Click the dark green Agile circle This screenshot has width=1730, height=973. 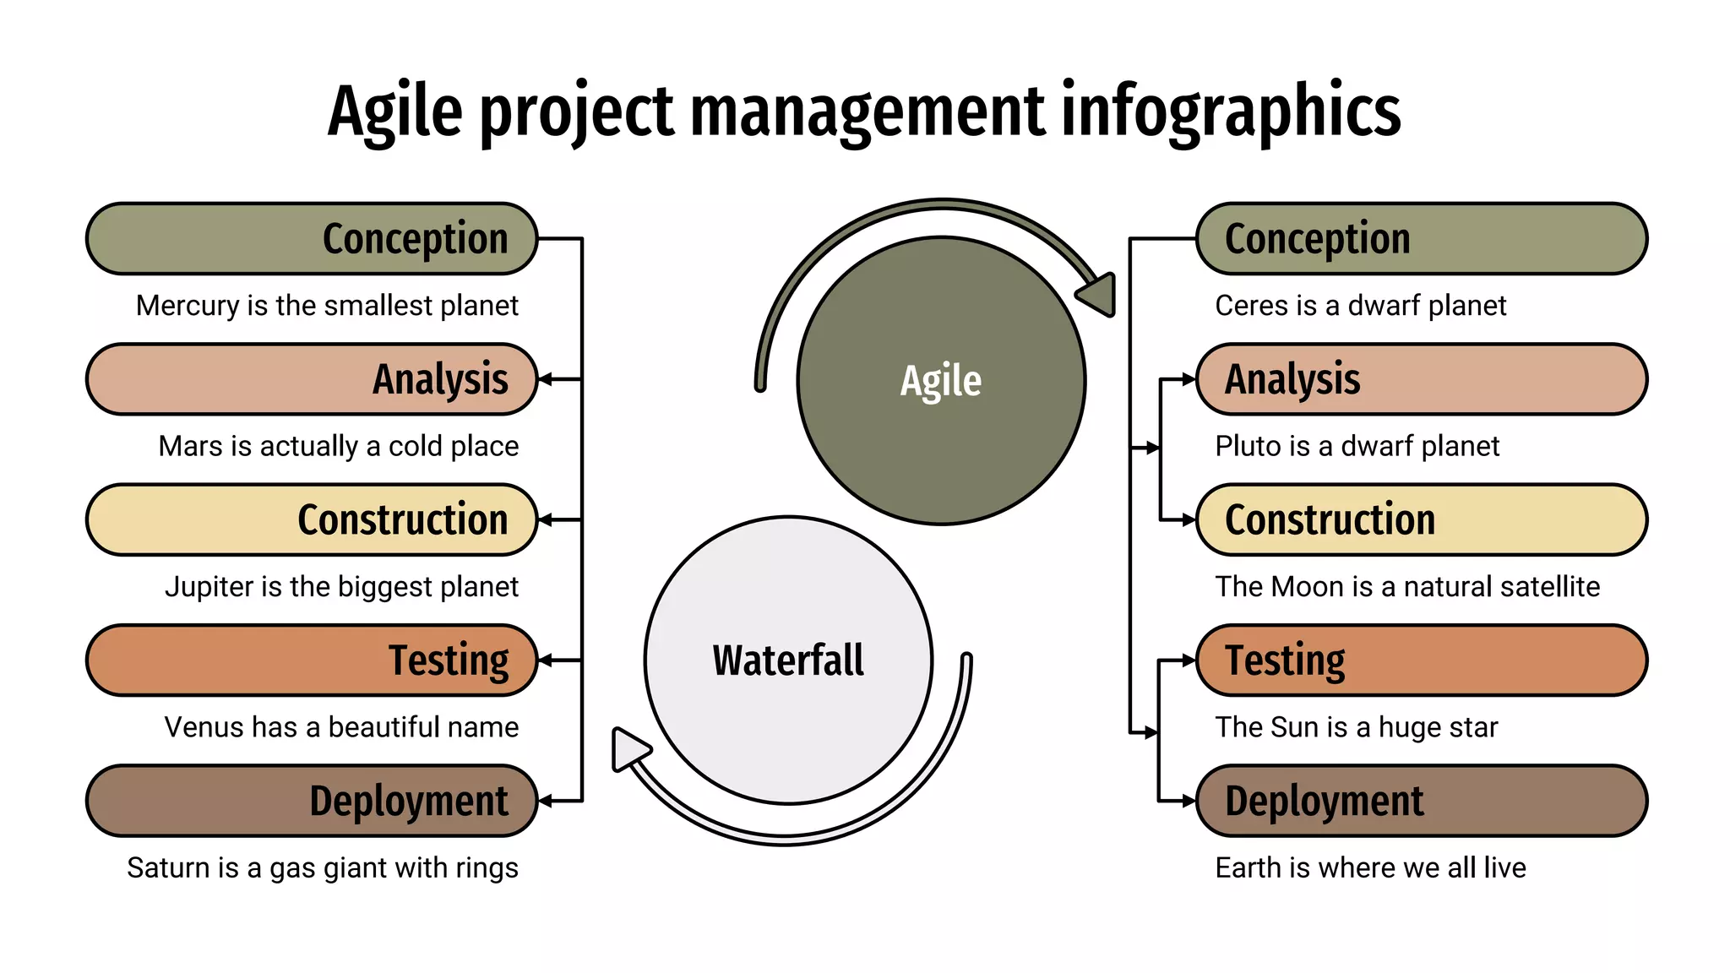[941, 380]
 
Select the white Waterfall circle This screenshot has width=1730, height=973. [788, 660]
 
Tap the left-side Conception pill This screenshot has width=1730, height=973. [312, 239]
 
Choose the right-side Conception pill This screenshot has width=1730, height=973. [1422, 239]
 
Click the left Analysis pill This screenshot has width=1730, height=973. [312, 379]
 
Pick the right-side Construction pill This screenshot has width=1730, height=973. [1422, 519]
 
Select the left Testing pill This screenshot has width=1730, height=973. [312, 660]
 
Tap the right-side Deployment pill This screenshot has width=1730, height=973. [1422, 801]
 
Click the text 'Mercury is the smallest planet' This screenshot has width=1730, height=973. [327, 305]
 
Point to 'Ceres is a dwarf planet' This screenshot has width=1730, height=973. [1360, 305]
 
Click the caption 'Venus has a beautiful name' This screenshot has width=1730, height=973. [341, 726]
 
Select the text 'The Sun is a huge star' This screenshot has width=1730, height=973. [1356, 726]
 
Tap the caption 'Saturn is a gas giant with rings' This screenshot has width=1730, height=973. [323, 867]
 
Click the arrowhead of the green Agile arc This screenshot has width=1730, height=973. [1098, 294]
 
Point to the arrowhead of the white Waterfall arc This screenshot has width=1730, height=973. [628, 748]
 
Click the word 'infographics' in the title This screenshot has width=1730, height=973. [1230, 111]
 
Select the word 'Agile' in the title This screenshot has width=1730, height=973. [395, 111]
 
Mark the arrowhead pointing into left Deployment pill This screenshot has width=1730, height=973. [546, 801]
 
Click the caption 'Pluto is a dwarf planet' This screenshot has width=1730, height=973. [1357, 446]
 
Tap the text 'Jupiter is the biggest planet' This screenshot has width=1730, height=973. [341, 586]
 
